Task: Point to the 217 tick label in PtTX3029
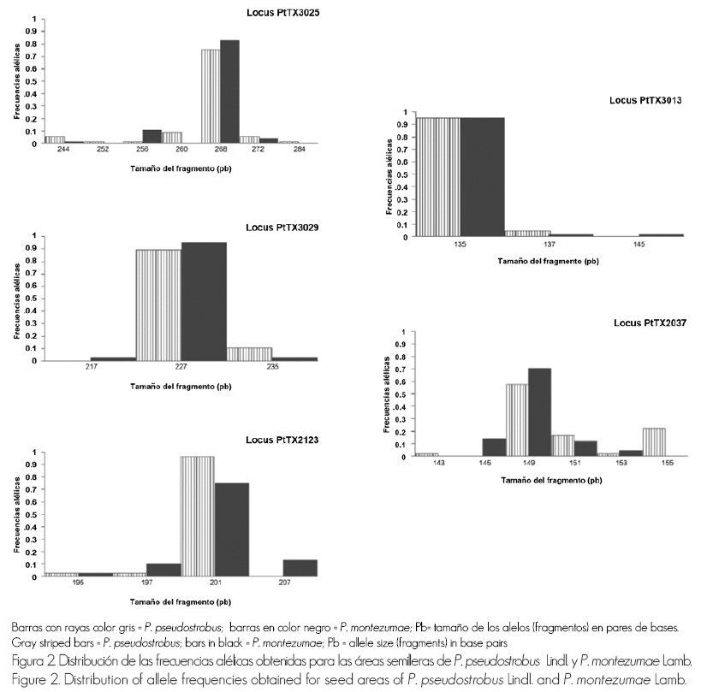pyautogui.click(x=92, y=368)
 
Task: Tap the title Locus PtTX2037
pyautogui.click(x=651, y=322)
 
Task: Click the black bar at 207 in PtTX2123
pyautogui.click(x=300, y=568)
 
